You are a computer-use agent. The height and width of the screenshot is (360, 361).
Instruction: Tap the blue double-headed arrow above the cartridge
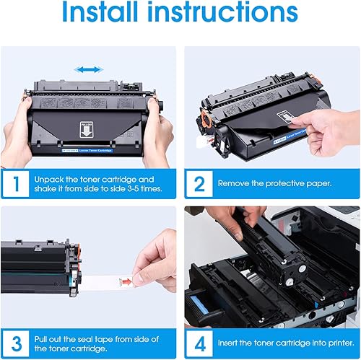pos(89,70)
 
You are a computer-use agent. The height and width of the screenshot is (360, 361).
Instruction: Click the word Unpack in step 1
pos(51,178)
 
